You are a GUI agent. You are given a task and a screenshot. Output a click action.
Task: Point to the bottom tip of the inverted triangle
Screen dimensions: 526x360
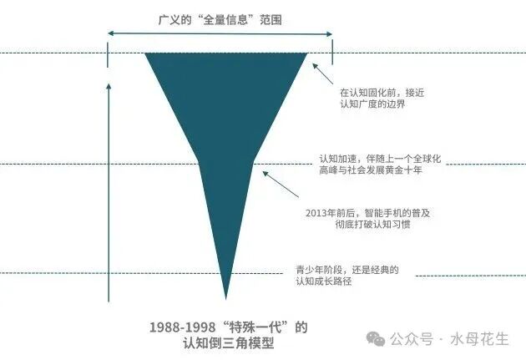225,297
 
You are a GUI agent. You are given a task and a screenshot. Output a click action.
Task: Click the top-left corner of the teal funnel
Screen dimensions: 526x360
147,54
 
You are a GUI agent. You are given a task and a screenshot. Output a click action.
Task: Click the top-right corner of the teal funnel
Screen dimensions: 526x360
306,54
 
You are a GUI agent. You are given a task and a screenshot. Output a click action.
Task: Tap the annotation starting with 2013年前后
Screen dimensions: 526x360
368,219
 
